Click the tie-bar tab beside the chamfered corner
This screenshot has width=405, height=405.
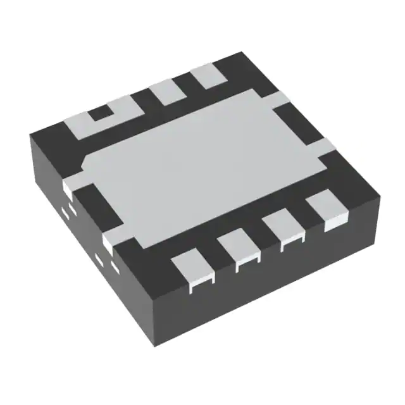[x=72, y=185]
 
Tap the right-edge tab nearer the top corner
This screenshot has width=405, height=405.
[x=278, y=98]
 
